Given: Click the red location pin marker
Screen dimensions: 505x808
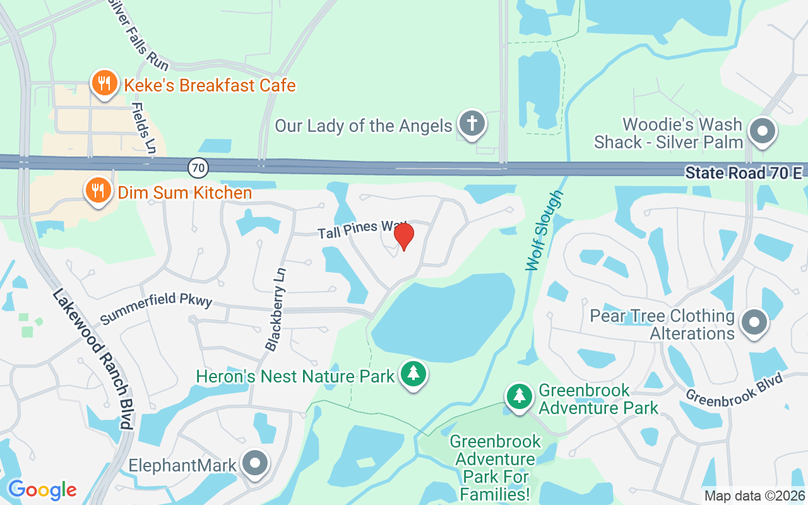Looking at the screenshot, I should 403,236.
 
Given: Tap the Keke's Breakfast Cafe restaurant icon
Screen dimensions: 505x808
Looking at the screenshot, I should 104,84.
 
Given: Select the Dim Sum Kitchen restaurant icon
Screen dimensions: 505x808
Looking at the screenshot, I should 98,191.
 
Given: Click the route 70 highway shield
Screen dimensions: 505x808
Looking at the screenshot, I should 198,167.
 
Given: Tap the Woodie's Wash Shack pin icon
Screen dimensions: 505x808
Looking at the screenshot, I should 762,133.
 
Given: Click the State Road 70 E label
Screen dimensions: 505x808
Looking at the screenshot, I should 743,173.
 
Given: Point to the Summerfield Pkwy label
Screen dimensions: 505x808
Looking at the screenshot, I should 155,307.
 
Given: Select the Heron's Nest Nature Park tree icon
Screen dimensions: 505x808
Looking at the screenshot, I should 413,374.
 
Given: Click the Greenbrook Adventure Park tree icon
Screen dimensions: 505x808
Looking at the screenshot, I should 519,396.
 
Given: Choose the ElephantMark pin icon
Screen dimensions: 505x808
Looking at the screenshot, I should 255,465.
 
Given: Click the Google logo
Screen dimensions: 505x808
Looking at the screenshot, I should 42,489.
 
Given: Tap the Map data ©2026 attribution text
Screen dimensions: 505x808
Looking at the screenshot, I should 754,496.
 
